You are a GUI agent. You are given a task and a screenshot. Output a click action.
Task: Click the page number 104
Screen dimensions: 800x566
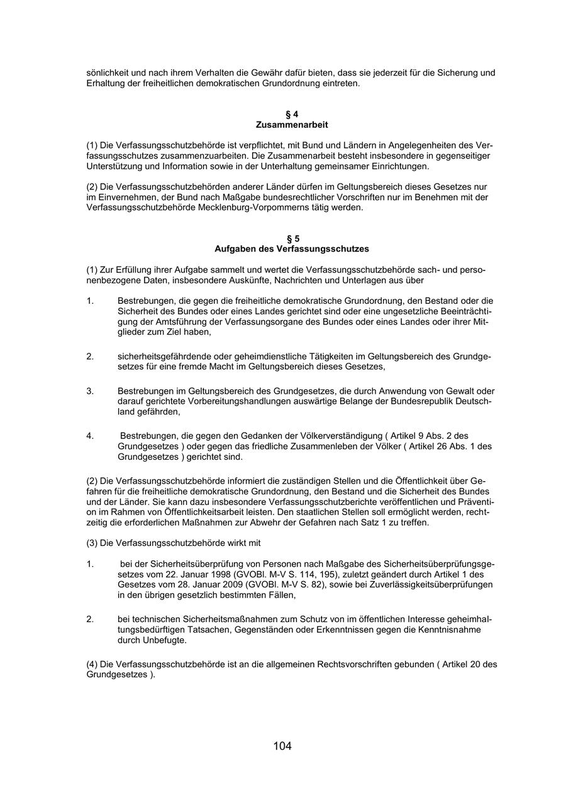pyautogui.click(x=282, y=747)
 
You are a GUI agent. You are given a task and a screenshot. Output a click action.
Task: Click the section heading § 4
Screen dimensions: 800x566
pyautogui.click(x=292, y=114)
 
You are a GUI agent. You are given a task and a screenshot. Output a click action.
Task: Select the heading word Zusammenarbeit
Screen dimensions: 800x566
pyautogui.click(x=292, y=125)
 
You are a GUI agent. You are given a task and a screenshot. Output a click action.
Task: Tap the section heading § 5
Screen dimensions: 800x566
pyautogui.click(x=292, y=238)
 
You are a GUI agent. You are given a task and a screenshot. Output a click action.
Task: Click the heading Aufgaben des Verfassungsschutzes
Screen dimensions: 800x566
pyautogui.click(x=292, y=249)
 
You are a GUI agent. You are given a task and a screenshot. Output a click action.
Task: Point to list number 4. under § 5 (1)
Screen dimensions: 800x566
pyautogui.click(x=90, y=436)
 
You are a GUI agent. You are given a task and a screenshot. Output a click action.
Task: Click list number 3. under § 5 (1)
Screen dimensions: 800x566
pyautogui.click(x=90, y=391)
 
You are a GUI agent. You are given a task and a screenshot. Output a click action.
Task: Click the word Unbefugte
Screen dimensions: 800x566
pyautogui.click(x=164, y=640)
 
